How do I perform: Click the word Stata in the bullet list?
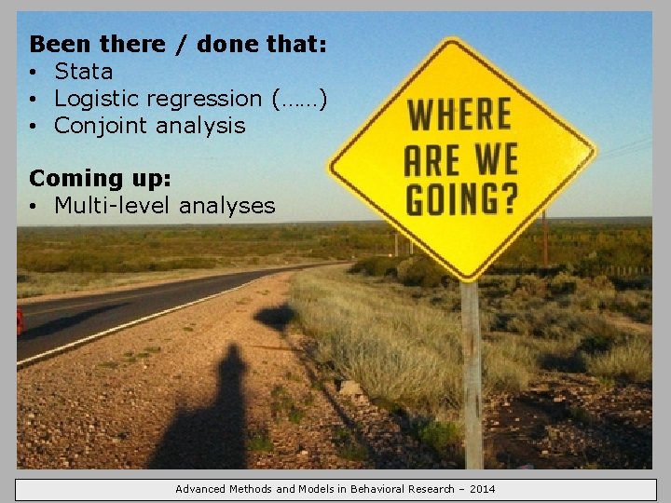pyautogui.click(x=83, y=72)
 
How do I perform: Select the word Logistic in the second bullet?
pyautogui.click(x=92, y=99)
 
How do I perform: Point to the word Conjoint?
pyautogui.click(x=98, y=126)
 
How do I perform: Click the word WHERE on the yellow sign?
pyautogui.click(x=459, y=116)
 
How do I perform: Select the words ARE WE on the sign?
pyautogui.click(x=459, y=158)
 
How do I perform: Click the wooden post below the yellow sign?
pyautogui.click(x=472, y=373)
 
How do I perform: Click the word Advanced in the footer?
pyautogui.click(x=201, y=489)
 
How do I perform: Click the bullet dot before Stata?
pyautogui.click(x=33, y=73)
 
